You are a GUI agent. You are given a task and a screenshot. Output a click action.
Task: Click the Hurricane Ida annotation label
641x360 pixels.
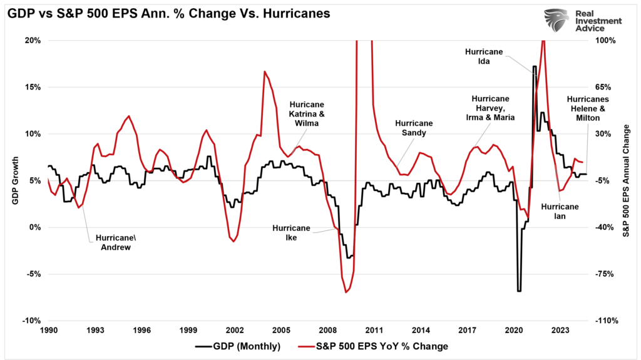click(484, 56)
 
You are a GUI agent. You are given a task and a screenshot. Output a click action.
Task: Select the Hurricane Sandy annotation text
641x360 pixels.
click(414, 128)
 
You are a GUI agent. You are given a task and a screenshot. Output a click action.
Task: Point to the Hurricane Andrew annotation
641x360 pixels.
click(113, 242)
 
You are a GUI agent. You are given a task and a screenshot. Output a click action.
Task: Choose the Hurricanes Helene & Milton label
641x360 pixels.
click(583, 108)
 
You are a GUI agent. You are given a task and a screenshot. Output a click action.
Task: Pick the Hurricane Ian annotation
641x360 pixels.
click(560, 211)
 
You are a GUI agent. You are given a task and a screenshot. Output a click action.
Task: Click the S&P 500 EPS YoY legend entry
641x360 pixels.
click(381, 345)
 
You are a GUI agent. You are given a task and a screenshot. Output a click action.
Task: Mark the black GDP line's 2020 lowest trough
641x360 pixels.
click(519, 291)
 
